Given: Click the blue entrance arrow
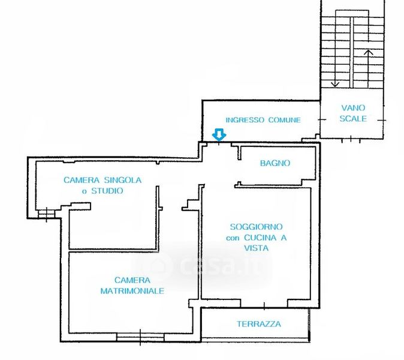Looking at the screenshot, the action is pos(219,135).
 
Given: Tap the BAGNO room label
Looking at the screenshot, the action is pos(275,163).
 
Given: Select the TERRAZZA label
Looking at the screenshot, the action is pos(259,324).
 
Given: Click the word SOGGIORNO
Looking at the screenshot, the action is pos(257,227).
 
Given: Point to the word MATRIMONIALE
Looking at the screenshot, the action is pos(132,291).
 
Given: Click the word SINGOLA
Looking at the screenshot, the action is pos(123,180).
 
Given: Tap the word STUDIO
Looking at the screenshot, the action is pos(107,191).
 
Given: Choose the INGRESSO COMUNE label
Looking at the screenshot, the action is pos(263,120).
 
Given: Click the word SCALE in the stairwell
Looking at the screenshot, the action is pos(353,119).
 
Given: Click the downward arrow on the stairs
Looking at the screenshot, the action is pos(335,68).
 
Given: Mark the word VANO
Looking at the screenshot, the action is pos(353,107).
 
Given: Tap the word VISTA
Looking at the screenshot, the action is pos(257,248).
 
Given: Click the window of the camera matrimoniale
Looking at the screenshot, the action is pos(140,337).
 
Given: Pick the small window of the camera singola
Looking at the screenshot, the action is pos(46,214).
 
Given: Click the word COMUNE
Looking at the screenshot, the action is pos(285,120).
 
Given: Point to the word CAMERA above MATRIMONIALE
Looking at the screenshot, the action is pos(132,280).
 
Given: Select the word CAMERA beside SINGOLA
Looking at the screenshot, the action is pos(82,180).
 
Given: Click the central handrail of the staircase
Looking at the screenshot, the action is pos(352,52).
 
